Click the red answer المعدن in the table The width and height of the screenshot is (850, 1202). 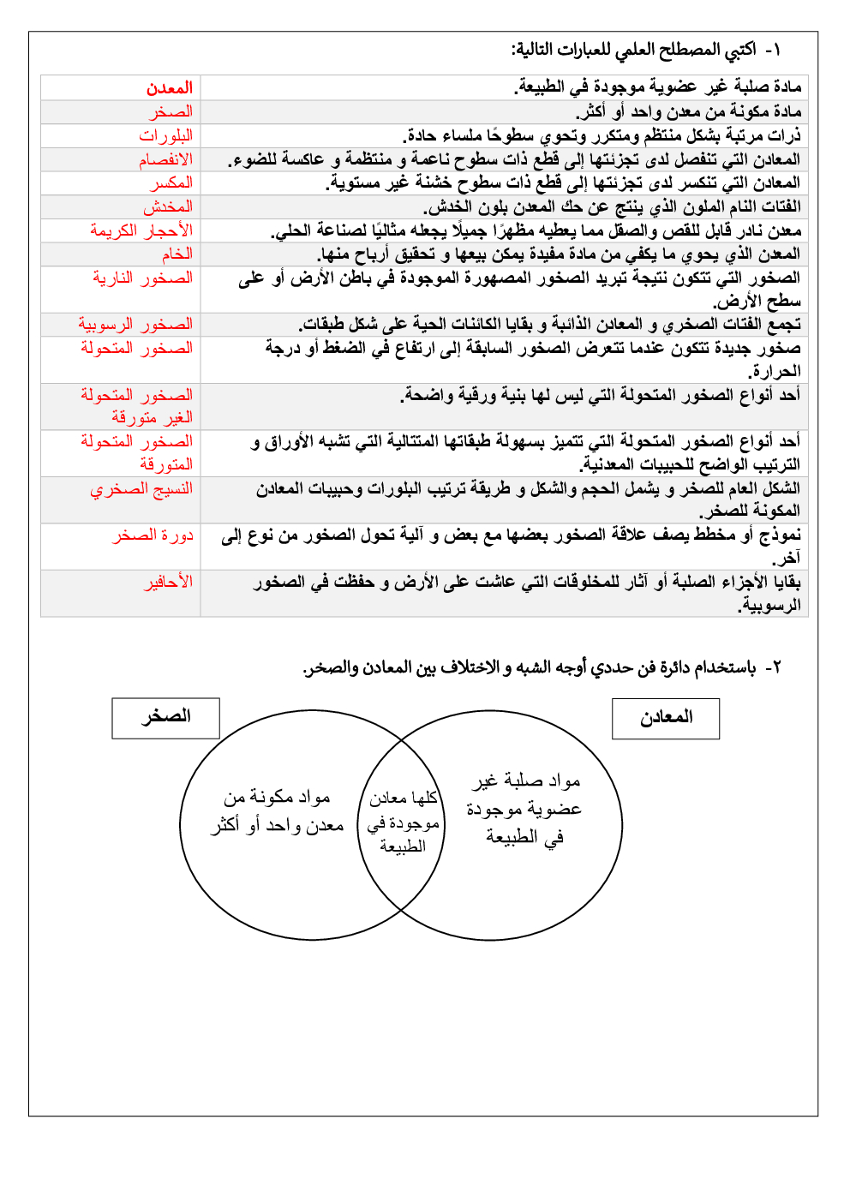tap(169, 88)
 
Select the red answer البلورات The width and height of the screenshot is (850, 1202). tap(166, 135)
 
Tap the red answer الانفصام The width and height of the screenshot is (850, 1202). tap(166, 159)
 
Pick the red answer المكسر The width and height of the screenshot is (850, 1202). tap(171, 182)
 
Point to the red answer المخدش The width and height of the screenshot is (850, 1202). tap(168, 206)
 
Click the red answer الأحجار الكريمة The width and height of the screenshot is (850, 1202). tap(141, 230)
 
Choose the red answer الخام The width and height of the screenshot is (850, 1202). tap(177, 254)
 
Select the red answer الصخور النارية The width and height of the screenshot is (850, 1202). tap(142, 278)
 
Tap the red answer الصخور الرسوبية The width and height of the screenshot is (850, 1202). tap(135, 325)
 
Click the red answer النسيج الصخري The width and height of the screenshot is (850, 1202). tap(141, 489)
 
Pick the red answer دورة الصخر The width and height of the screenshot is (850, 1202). tap(153, 535)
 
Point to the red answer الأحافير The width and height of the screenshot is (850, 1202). tap(168, 583)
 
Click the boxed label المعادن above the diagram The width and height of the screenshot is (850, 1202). tap(666, 718)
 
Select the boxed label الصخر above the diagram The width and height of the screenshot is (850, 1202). tap(165, 717)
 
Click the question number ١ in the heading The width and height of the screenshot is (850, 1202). tap(775, 50)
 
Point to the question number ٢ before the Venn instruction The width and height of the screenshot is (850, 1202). tap(775, 667)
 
